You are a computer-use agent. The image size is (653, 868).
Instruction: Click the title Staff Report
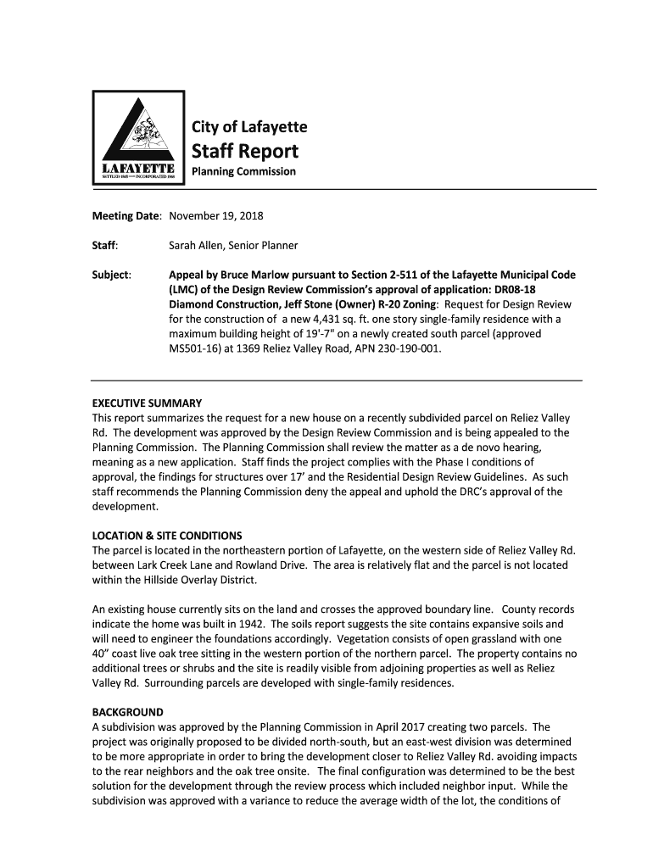(x=243, y=152)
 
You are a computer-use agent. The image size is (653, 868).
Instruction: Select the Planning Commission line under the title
(x=242, y=171)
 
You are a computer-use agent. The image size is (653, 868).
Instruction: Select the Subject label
(x=111, y=275)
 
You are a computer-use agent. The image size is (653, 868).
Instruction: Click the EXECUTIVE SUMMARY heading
(x=147, y=403)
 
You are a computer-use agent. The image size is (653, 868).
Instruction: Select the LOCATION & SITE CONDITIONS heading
(x=167, y=536)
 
